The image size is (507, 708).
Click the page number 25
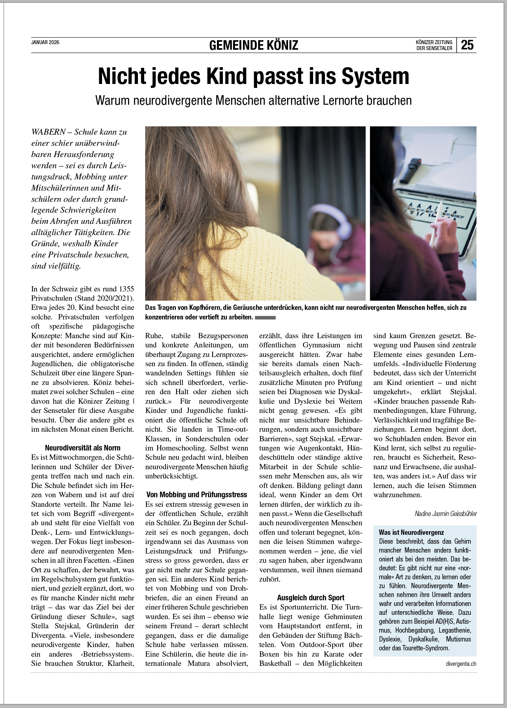coord(467,45)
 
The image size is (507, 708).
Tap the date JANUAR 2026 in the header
coord(45,42)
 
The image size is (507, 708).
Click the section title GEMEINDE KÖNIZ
coord(254,45)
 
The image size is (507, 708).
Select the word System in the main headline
coord(375,76)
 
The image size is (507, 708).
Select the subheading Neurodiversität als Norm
coord(83,448)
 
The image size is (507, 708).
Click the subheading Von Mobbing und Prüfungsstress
coord(197,495)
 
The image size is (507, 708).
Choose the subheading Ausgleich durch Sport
coord(310,598)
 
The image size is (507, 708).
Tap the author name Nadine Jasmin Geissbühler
coord(445,514)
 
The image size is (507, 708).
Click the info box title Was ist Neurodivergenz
coord(411,532)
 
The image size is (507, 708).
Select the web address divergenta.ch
coord(461,664)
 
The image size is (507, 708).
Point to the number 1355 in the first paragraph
coord(126,289)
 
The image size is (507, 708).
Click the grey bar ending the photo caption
coord(265,318)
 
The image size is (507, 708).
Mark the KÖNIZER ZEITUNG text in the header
coord(434,42)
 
